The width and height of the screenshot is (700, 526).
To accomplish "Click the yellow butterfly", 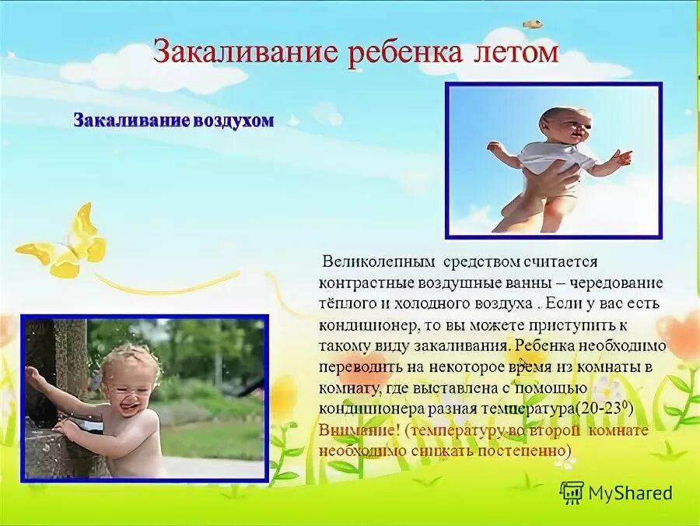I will pyautogui.click(x=66, y=243).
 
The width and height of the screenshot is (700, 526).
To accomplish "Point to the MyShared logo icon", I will pyautogui.click(x=572, y=492).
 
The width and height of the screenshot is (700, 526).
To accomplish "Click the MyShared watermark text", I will pyautogui.click(x=630, y=493).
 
